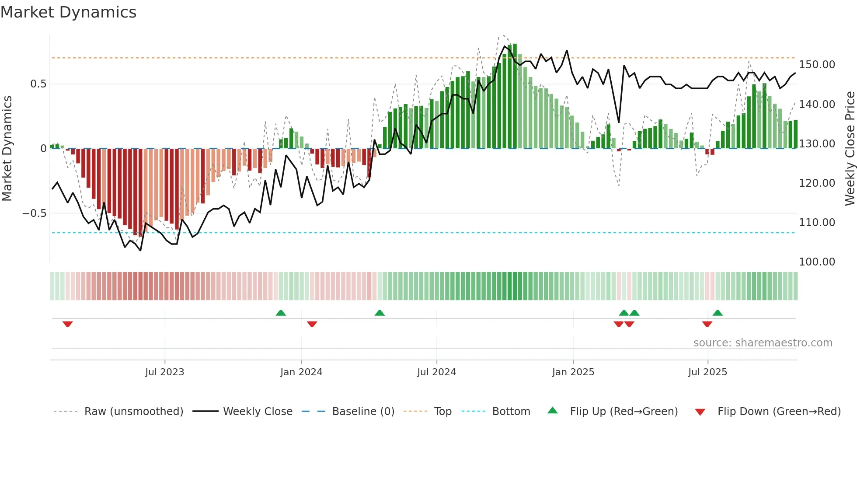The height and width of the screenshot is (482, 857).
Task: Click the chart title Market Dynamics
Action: [x=68, y=12]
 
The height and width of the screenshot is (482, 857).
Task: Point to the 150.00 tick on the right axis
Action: [x=817, y=65]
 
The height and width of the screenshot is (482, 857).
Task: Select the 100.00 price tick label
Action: [x=817, y=262]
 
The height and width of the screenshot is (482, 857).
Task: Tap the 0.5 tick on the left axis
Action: [x=38, y=84]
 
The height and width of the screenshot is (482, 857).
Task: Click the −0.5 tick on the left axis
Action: [x=34, y=213]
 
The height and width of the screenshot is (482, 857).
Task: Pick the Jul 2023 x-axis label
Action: [x=164, y=372]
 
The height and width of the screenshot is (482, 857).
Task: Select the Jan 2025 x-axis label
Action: [x=573, y=372]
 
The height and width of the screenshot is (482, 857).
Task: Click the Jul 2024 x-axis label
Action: [x=436, y=372]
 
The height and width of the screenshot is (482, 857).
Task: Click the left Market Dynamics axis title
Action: [x=7, y=149]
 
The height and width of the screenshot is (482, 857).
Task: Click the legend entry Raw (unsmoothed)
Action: [x=133, y=412]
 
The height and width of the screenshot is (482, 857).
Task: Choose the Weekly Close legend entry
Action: [x=258, y=412]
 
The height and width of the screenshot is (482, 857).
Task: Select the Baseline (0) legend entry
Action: [x=363, y=412]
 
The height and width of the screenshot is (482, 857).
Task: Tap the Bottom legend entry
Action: [x=511, y=412]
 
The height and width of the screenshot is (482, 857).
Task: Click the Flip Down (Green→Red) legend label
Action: [x=779, y=412]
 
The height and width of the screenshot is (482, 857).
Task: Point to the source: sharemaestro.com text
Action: [x=763, y=343]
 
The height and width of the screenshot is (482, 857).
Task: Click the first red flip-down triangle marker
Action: [x=67, y=324]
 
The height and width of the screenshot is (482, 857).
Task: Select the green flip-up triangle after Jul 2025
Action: [x=718, y=313]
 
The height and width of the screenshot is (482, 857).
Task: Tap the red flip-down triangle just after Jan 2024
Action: [x=312, y=324]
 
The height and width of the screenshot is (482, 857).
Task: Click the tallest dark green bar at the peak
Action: [x=515, y=96]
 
